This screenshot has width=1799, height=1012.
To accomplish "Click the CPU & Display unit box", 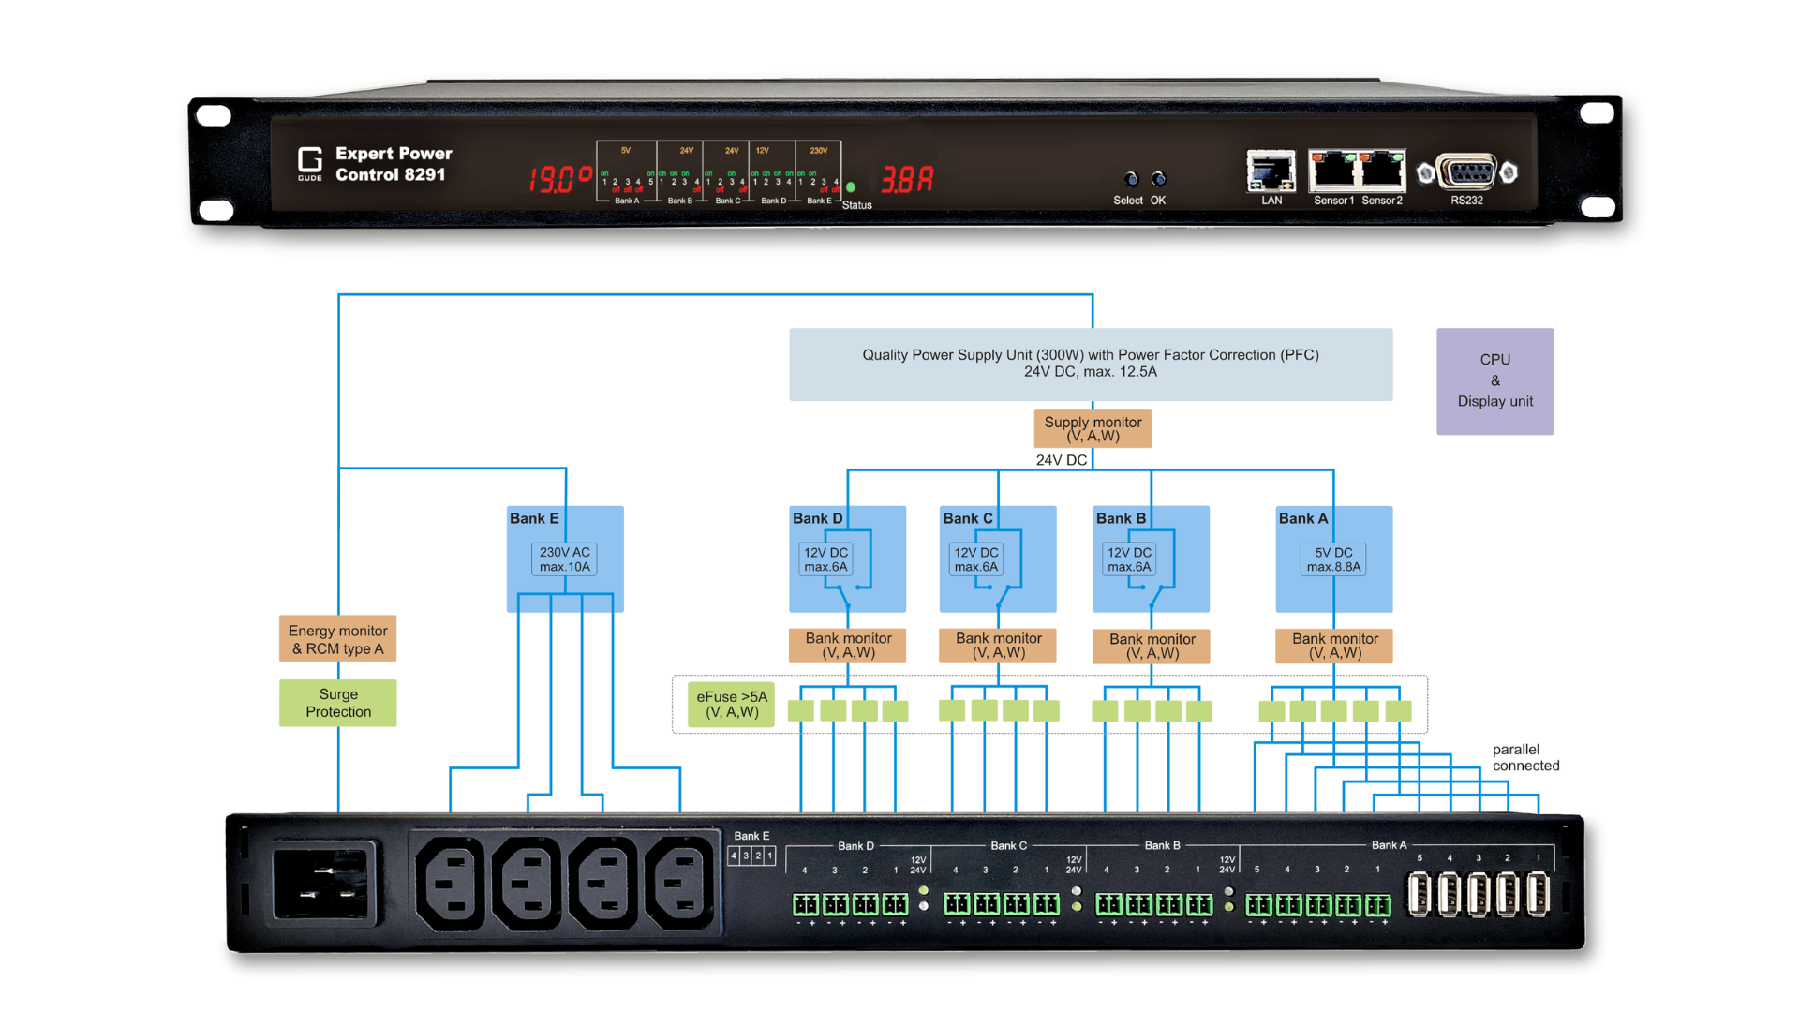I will [1494, 380].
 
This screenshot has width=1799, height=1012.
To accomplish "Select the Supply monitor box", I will [1093, 428].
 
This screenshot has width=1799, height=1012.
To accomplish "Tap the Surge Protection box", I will [337, 703].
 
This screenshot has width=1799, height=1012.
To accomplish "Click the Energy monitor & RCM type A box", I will [337, 639].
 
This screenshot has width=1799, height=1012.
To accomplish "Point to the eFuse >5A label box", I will [732, 705].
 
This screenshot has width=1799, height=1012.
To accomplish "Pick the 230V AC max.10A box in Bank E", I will [565, 559].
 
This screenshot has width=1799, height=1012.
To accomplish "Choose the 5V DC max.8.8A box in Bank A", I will [1333, 559].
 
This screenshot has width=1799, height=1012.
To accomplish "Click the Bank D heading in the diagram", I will [817, 518].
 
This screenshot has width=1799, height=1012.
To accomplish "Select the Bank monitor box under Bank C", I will [998, 645].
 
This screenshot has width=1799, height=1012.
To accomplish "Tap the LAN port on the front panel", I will [1271, 171].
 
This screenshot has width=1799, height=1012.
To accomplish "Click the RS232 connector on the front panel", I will [1466, 173].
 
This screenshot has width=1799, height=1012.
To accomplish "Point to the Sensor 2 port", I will [1381, 171].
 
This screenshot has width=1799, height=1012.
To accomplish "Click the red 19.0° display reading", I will [559, 178].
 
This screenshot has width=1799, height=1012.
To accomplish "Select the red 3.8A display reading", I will [906, 178].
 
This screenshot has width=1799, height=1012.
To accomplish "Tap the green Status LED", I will [851, 187].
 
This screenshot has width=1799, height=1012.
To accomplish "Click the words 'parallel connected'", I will [1525, 757].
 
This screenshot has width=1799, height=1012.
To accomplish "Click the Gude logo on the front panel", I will [310, 163].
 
